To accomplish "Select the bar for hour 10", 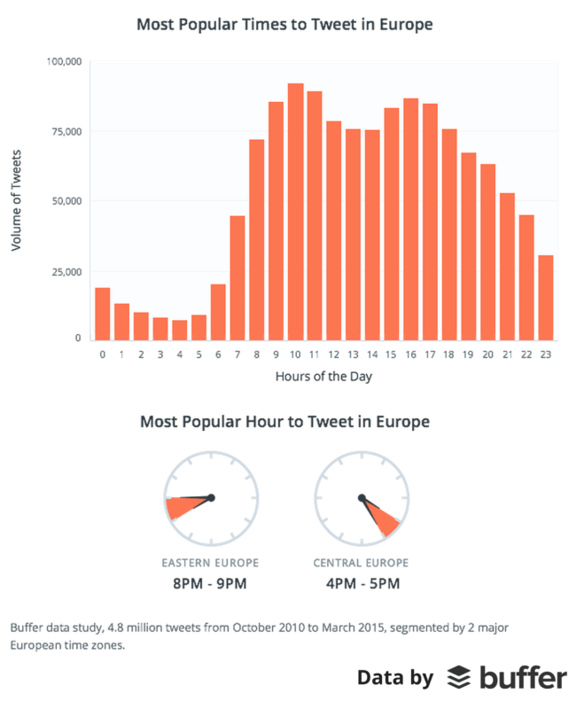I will tap(295, 212).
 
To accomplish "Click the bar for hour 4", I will tap(179, 330).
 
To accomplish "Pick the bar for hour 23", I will tap(546, 297).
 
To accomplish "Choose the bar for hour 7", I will tap(237, 277).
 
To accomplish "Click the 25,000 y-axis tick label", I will tap(66, 270).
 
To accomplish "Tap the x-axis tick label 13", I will tap(353, 354).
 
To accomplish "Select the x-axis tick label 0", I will tap(102, 354).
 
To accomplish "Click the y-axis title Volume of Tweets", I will tap(16, 201).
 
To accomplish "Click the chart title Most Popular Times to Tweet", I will tap(284, 24).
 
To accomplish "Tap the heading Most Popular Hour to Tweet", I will tap(284, 422).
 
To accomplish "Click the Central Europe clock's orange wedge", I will tap(385, 524).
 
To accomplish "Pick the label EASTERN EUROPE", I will tap(210, 563).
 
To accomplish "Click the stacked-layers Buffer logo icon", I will tap(458, 678).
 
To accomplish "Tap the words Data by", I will tap(394, 678).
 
